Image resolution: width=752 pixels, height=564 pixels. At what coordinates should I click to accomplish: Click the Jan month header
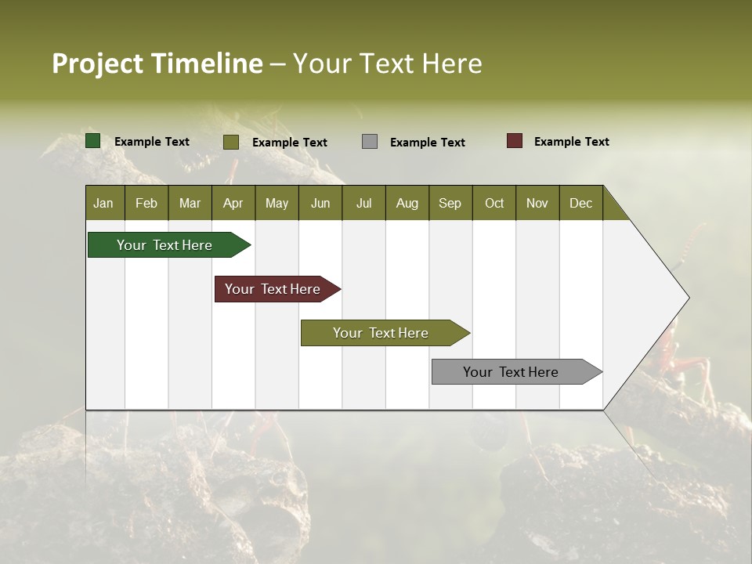pyautogui.click(x=103, y=203)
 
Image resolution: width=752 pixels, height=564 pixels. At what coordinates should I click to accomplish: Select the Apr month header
pyautogui.click(x=233, y=203)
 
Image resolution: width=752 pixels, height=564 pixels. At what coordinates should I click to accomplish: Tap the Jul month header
pyautogui.click(x=363, y=203)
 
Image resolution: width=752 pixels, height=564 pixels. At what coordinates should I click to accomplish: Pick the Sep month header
pyautogui.click(x=450, y=203)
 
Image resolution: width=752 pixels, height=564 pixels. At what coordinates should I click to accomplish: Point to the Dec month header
pyautogui.click(x=580, y=203)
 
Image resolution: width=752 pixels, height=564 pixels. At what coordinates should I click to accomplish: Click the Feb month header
pyautogui.click(x=146, y=203)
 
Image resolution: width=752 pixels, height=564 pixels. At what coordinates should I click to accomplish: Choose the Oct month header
pyautogui.click(x=494, y=203)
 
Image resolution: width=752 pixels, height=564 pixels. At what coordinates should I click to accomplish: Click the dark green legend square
pyautogui.click(x=93, y=141)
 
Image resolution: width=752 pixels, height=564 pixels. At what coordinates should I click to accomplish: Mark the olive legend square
pyautogui.click(x=231, y=142)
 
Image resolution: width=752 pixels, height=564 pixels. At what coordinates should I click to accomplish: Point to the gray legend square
pyautogui.click(x=370, y=142)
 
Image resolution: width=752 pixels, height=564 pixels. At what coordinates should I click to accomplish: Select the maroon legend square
pyautogui.click(x=515, y=141)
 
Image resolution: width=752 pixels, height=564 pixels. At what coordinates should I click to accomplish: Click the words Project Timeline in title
pyautogui.click(x=157, y=63)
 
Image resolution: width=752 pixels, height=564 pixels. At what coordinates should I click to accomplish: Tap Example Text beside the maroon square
pyautogui.click(x=571, y=142)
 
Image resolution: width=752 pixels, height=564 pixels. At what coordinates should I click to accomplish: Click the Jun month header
pyautogui.click(x=320, y=203)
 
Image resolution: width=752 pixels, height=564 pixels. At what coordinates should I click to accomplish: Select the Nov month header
pyautogui.click(x=537, y=203)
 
